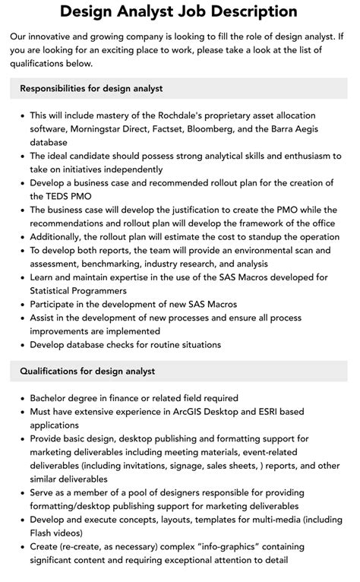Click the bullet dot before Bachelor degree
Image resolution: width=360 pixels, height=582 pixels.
(x=20, y=398)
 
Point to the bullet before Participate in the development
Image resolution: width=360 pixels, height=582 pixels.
(x=20, y=304)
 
